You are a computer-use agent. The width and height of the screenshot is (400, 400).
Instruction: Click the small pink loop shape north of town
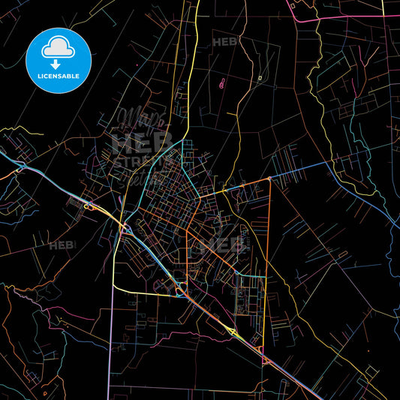(222, 83)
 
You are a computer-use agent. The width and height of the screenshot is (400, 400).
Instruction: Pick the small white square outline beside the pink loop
(260, 77)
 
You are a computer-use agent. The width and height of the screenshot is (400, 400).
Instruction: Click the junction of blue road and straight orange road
(269, 179)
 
